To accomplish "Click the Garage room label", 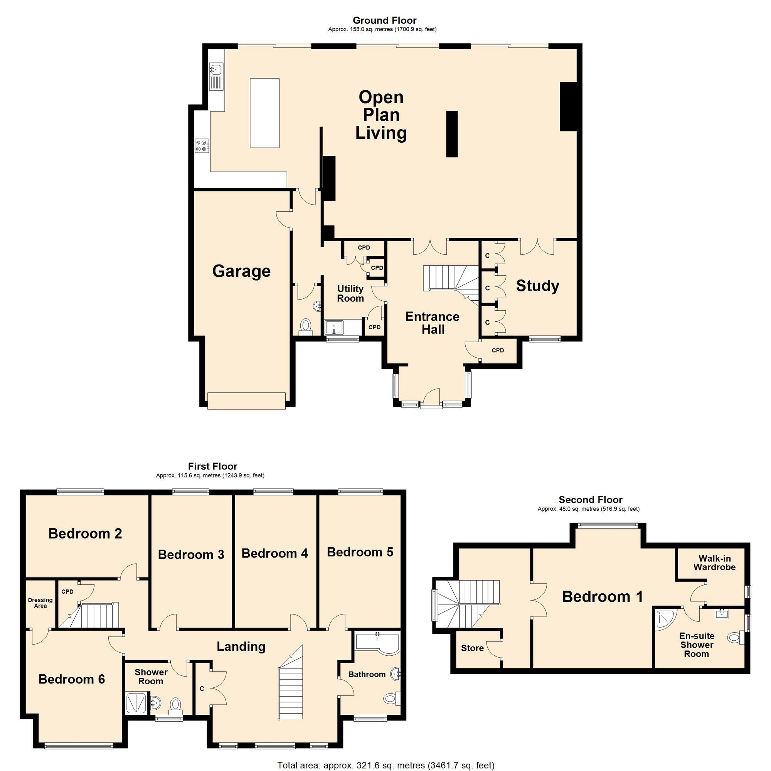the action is pos(241,271).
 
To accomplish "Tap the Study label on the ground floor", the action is pos(537,286).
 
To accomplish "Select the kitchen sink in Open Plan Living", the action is pos(216,77).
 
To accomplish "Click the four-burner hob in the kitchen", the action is pos(202,145).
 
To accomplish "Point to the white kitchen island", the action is pos(264,113).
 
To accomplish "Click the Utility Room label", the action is pos(350,293).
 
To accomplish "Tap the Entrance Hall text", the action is pos(433,323).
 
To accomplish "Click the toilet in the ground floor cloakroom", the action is pos(306,327).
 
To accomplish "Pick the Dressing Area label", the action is pos(40,603).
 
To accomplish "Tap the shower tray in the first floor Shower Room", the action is pos(136,703).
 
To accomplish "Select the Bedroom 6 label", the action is pos(72,679).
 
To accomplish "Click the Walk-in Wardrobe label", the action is pos(714,563).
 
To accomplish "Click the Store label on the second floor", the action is pos(472,648).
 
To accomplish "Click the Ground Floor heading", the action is pos(384,20).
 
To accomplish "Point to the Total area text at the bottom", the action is pos(386,765).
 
